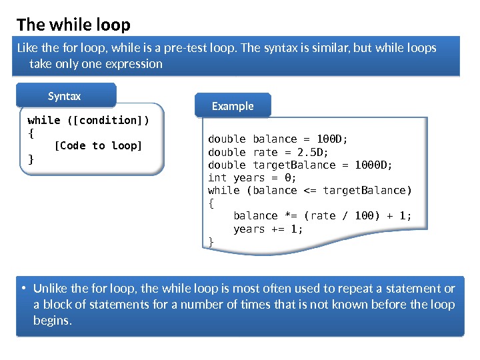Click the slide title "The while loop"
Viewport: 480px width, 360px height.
pos(73,25)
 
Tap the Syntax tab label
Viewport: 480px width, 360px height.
pos(65,97)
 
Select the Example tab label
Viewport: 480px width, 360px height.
pos(233,106)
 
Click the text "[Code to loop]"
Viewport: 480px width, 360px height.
pos(98,145)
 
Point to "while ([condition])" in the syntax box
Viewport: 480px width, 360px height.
pos(88,120)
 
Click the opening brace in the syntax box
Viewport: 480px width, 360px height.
pos(30,133)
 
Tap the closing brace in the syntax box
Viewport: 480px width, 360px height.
pos(30,159)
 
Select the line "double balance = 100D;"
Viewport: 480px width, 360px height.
pos(278,139)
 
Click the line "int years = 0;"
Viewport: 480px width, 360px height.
pos(253,177)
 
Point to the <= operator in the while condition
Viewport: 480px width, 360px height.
pos(310,190)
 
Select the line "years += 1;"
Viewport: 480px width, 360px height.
pos(268,229)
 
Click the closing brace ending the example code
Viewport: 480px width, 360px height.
pos(211,241)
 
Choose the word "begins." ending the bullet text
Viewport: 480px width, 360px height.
pos(52,321)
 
